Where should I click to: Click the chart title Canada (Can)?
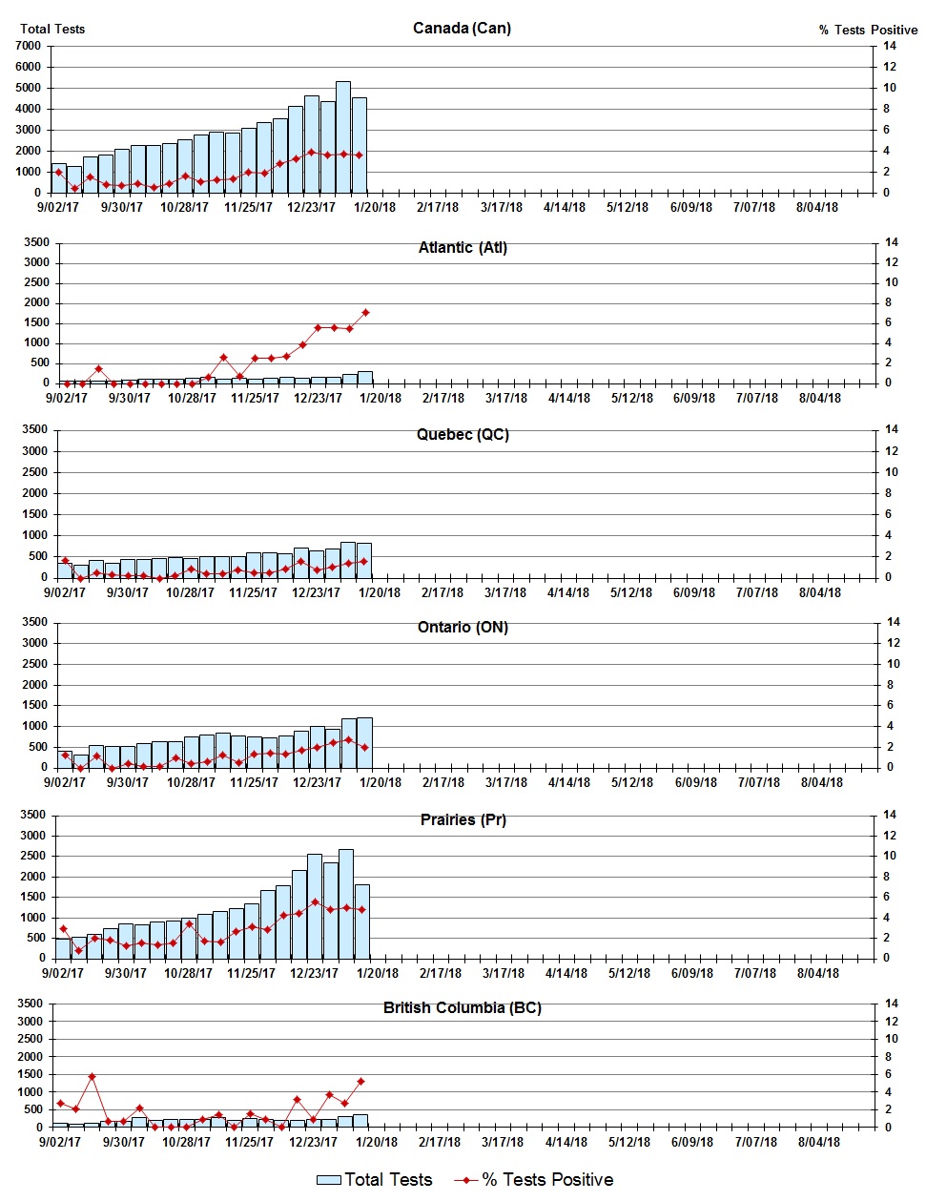(462, 28)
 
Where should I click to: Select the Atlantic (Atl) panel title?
(463, 247)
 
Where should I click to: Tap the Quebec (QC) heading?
(463, 434)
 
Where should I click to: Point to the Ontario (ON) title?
(463, 627)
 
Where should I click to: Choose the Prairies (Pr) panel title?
(463, 819)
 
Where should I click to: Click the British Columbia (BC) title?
(462, 1007)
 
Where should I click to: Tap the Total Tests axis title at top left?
(52, 29)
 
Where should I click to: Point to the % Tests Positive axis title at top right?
(867, 30)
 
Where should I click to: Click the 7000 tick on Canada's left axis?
(29, 46)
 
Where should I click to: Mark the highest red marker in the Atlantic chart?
(365, 312)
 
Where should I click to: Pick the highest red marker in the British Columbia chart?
(92, 1076)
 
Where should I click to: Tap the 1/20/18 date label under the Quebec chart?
(379, 592)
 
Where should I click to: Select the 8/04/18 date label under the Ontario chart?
(821, 782)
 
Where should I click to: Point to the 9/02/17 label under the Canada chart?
(58, 207)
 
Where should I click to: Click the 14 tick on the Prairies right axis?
(890, 815)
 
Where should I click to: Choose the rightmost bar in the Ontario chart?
(364, 742)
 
